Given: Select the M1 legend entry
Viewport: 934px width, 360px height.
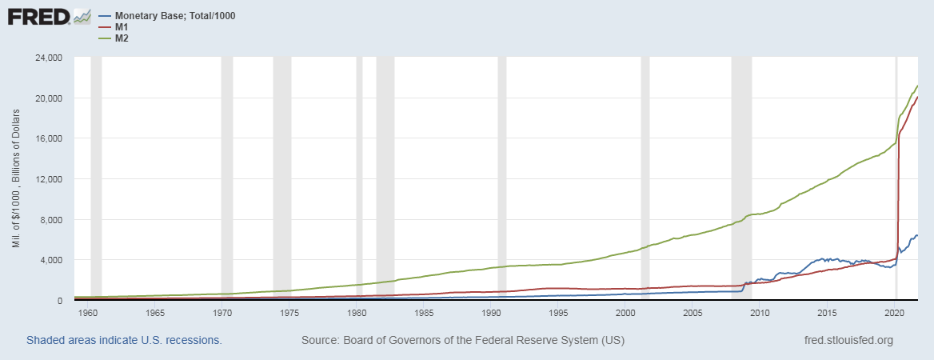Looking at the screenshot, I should click(122, 27).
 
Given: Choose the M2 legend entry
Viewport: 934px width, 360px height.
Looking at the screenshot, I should click(122, 38).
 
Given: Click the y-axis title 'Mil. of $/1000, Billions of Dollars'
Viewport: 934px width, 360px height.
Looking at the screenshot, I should click(16, 178).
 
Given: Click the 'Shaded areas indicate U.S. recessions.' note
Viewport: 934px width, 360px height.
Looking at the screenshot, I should click(124, 340).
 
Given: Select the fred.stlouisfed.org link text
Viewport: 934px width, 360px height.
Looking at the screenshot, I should click(848, 340).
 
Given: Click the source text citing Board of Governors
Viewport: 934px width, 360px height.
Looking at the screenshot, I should click(463, 340).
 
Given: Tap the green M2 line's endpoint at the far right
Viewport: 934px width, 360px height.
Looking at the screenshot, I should click(917, 86).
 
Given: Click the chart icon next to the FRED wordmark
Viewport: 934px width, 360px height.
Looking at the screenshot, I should click(82, 16).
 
